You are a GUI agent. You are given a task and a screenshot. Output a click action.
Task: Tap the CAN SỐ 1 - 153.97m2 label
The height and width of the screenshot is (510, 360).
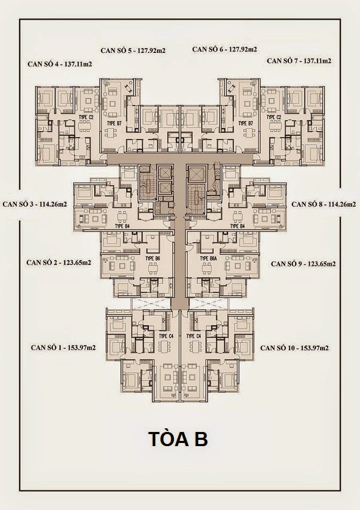click(63, 347)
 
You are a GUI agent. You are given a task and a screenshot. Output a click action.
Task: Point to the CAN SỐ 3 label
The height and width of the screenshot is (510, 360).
click(35, 204)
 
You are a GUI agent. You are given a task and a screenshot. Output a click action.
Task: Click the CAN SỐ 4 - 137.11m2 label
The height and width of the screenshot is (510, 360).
click(59, 64)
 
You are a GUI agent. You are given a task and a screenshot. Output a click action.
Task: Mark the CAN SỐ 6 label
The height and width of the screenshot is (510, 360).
click(224, 50)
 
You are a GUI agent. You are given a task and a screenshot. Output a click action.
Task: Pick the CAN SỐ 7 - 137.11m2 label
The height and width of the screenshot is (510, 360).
click(299, 61)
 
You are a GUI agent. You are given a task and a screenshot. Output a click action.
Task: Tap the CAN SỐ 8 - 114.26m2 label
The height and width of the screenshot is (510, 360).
click(324, 204)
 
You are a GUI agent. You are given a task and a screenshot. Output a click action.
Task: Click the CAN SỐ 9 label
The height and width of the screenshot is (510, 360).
click(303, 263)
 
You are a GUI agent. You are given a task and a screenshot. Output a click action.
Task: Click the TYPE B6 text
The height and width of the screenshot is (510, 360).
click(153, 259)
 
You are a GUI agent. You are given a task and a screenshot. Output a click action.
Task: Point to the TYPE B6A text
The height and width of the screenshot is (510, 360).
click(208, 259)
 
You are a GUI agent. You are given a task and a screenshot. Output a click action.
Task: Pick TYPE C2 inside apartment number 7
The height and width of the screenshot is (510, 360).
click(274, 117)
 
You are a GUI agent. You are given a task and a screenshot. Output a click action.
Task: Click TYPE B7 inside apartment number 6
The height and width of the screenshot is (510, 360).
click(245, 123)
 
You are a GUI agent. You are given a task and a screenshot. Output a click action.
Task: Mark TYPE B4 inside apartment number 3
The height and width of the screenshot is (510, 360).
click(121, 226)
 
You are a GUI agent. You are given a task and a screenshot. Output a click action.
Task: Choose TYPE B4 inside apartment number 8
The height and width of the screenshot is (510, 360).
click(238, 226)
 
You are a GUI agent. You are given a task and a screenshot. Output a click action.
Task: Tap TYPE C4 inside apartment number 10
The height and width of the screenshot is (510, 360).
click(194, 336)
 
